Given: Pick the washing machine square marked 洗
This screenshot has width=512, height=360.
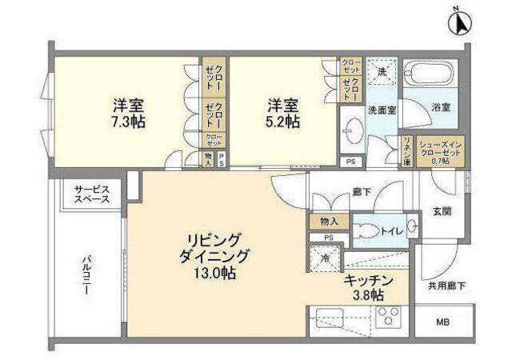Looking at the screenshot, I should click(x=382, y=72).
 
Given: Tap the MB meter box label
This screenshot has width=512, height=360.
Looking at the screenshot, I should click(x=442, y=322).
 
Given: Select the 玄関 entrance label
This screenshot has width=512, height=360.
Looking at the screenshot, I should click(x=442, y=211).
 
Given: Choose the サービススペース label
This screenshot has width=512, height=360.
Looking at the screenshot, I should click(x=92, y=194).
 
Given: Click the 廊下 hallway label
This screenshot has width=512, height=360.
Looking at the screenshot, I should click(x=362, y=193).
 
